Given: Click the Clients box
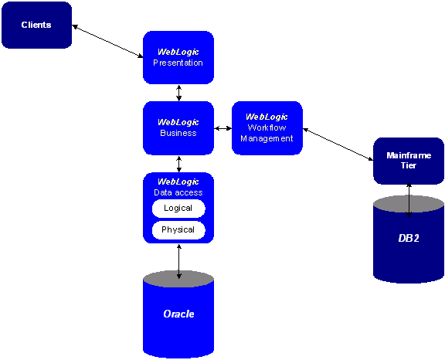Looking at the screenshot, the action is point(36,25).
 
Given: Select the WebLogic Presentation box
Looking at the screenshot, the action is point(178,58).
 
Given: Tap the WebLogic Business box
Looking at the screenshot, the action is point(178,128).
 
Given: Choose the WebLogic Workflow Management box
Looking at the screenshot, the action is point(267,128).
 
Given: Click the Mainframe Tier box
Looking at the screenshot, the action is point(409,161).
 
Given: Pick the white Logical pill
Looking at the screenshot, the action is point(178,209).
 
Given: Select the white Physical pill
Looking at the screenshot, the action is point(178,229).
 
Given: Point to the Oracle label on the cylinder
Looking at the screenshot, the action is point(178,314).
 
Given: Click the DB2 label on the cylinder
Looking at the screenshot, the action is point(409,238).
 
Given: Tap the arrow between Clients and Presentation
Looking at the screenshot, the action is point(107,41).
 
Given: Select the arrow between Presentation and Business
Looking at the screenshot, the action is point(178,93).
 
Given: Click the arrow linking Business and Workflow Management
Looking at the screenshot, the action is point(222,128).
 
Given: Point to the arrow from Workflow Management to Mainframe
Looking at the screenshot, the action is point(338,144).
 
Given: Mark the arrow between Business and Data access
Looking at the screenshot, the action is point(178,164).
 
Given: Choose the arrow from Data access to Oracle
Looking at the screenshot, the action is point(178,261).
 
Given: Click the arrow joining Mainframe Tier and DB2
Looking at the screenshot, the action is point(409,200).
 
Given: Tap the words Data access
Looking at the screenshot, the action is point(178,192).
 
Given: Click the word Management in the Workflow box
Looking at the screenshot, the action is point(267,139).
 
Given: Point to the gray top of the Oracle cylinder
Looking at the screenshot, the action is point(178,279).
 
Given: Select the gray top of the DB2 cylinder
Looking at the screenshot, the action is point(409,204).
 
